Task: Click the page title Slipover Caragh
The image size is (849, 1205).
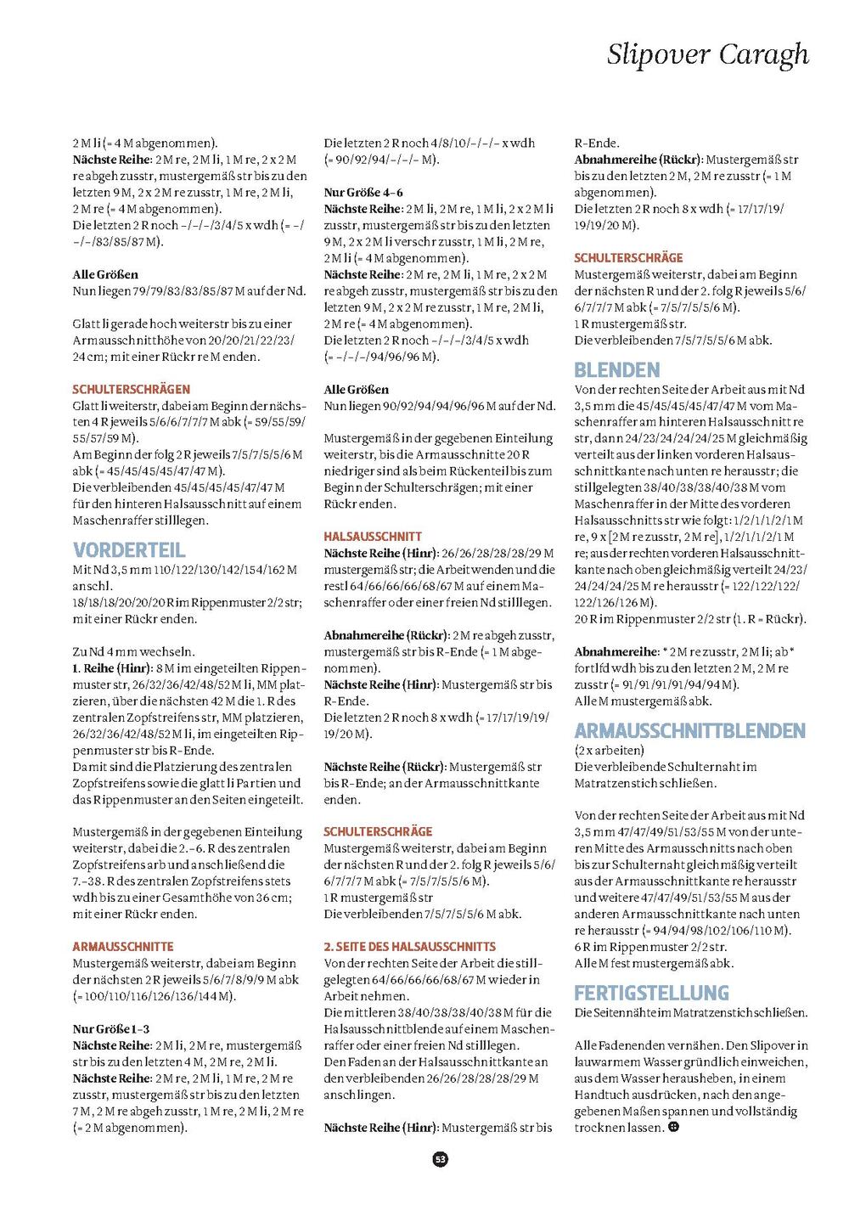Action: point(707,55)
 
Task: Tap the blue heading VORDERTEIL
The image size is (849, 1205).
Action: point(129,549)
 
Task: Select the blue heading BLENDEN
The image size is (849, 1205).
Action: point(617,369)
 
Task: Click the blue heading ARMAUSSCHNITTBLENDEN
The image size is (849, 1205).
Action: point(689,730)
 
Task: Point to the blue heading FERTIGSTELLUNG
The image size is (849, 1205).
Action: point(651,992)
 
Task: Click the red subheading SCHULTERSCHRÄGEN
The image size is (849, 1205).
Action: point(131,389)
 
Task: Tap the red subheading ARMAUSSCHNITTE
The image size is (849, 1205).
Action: point(123,946)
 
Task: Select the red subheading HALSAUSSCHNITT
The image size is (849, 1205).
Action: point(373,536)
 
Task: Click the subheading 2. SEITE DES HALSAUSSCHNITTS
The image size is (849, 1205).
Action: point(409,946)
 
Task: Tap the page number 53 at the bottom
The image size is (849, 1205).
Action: point(440,1158)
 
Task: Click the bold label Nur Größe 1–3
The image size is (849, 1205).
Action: point(110,1028)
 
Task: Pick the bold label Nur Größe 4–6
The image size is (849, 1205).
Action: point(363,192)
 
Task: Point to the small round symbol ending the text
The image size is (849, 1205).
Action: point(673,1127)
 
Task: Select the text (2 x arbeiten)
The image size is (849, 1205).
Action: point(609,750)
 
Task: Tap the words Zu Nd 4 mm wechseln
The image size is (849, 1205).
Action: point(133,651)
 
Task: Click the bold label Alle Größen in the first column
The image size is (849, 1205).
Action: point(105,274)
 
